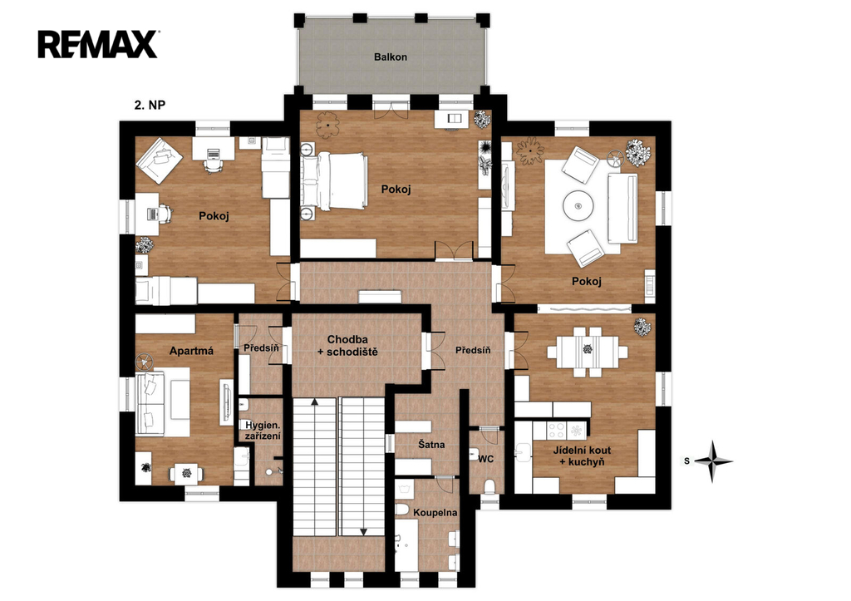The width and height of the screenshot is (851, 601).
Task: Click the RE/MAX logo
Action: click(98, 44)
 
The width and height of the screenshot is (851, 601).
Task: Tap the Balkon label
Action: click(391, 57)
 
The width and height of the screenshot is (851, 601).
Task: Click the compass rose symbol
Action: click(714, 461)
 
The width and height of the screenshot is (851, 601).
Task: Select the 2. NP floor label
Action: click(150, 105)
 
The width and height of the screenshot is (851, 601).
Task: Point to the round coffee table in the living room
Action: click(579, 206)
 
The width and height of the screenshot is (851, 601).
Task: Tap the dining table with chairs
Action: click(588, 352)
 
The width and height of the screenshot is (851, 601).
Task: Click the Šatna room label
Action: click(431, 444)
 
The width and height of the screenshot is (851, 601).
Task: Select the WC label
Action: click(485, 459)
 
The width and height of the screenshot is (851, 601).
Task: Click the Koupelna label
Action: click(435, 513)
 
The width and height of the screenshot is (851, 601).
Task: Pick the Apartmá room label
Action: click(191, 351)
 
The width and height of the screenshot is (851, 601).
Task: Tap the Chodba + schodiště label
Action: click(347, 345)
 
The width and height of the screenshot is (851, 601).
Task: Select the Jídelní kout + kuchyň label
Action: click(582, 456)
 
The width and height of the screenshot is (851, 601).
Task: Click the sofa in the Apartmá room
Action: click(150, 404)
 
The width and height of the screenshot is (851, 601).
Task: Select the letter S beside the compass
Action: click(686, 461)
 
